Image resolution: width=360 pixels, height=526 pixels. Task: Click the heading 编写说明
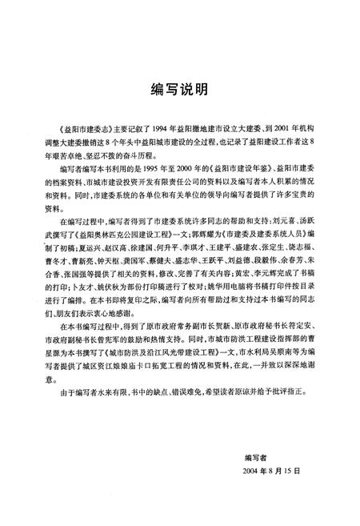coord(180,87)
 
